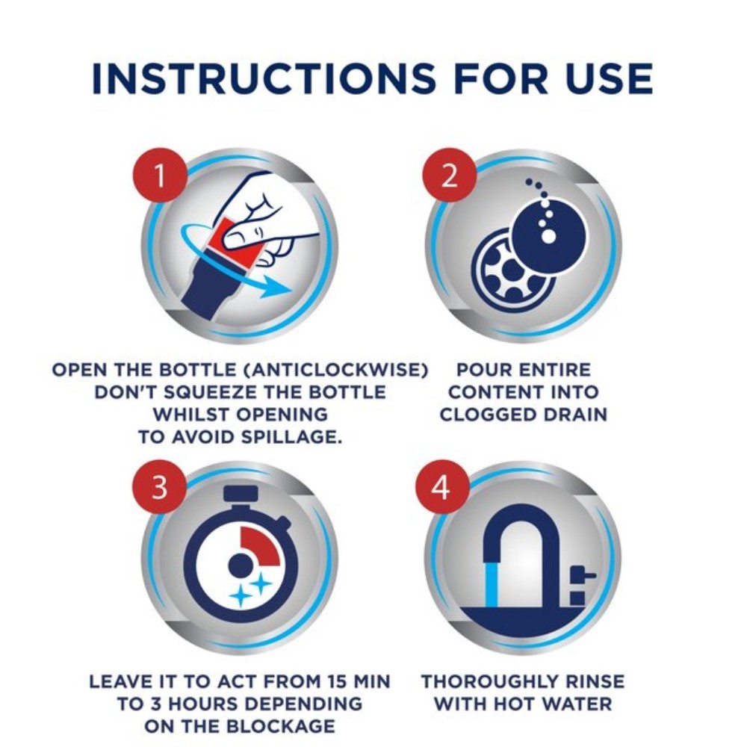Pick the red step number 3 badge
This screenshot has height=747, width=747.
[159, 486]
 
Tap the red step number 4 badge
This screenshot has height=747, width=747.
[441, 487]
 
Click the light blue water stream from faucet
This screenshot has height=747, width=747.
[491, 583]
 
